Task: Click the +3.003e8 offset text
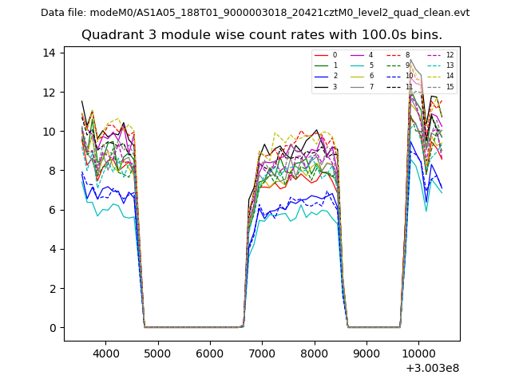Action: [432, 368]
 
